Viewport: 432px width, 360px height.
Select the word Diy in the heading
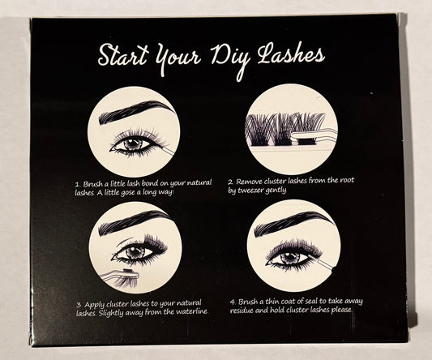231,58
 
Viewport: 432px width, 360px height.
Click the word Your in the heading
177,58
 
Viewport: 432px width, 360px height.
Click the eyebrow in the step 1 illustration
135,111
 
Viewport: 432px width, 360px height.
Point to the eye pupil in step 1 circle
134,144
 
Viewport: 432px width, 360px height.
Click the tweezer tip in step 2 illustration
293,135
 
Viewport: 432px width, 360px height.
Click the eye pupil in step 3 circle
135,251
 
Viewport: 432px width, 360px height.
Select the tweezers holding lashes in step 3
120,276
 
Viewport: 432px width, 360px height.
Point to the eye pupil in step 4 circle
289,258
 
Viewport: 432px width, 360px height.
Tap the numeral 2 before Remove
231,182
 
